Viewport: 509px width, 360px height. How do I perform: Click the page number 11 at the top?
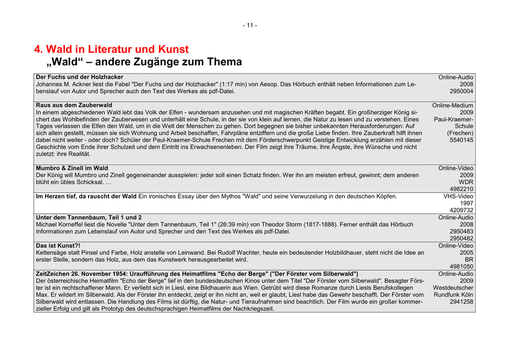[250, 25]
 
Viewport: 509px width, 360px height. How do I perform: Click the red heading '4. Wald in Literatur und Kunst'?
[111, 49]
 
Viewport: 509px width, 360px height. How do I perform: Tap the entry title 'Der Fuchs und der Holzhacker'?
[80, 77]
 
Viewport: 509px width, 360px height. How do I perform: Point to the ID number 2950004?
[461, 91]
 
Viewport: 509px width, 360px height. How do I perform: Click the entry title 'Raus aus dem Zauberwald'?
[74, 105]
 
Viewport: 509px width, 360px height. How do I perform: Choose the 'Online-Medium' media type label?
[453, 105]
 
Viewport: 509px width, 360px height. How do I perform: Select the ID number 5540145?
[461, 140]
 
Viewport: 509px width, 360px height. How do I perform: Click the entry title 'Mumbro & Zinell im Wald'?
[72, 168]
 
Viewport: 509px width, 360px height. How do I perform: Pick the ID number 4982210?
[461, 189]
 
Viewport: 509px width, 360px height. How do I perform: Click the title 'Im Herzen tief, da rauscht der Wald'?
[86, 196]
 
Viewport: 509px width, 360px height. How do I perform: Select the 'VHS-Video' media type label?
[458, 196]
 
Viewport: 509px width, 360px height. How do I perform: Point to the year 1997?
[466, 203]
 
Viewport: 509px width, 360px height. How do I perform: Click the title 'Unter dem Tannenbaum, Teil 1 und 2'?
[88, 217]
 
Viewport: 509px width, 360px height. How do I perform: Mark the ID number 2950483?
[461, 231]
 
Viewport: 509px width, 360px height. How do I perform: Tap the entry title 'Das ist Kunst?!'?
[58, 246]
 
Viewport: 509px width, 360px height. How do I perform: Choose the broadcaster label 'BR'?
[469, 260]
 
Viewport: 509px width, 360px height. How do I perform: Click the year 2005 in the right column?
[466, 253]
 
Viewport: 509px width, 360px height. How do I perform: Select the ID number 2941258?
[461, 301]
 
